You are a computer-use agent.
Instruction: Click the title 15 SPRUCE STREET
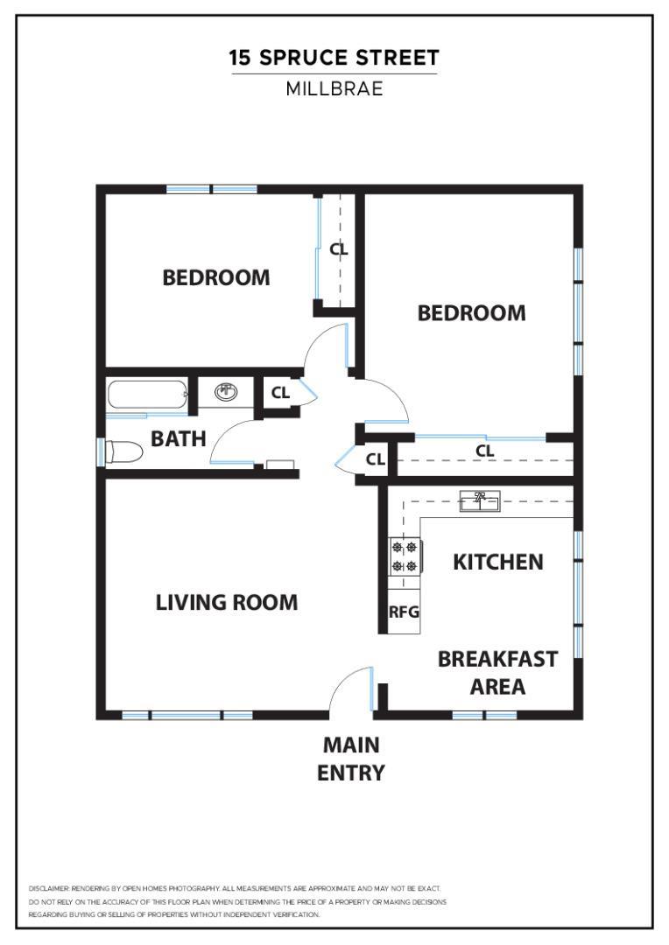click(x=334, y=59)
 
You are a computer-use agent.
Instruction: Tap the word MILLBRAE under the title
click(x=334, y=88)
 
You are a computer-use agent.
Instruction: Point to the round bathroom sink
click(x=226, y=392)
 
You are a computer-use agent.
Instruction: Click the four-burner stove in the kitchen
click(x=405, y=556)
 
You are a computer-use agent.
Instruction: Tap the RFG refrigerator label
click(x=404, y=612)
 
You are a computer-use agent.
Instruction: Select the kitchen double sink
click(x=480, y=501)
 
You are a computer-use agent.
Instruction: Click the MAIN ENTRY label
click(x=351, y=759)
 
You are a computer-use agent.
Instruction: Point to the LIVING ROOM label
click(x=227, y=602)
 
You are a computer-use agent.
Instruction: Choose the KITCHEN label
click(x=497, y=562)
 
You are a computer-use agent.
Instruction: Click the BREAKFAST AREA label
click(x=497, y=672)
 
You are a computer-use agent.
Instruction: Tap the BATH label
click(x=179, y=438)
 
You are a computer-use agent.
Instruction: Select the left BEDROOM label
click(x=216, y=277)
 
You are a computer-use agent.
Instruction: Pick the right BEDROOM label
click(x=471, y=312)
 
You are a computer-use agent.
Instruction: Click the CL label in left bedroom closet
click(x=338, y=249)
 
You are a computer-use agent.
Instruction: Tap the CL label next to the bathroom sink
click(x=280, y=393)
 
